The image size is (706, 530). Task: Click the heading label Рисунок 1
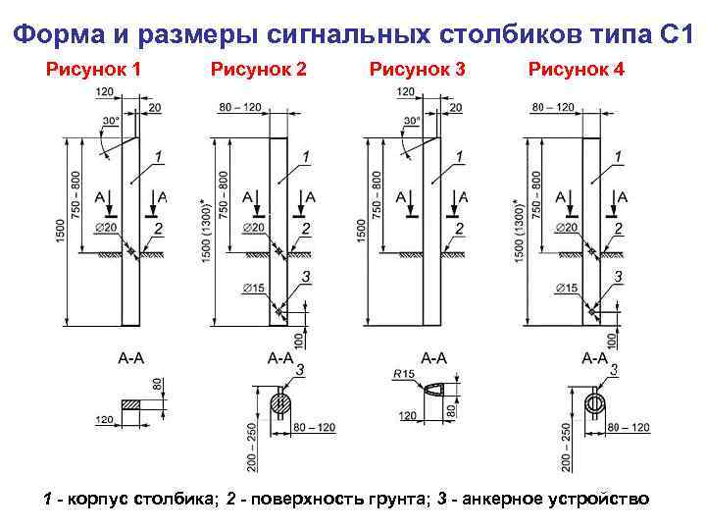coord(94,70)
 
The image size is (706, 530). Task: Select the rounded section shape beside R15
coord(435,391)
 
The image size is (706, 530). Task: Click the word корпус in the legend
coord(97,499)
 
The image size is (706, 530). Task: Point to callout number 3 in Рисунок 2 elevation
coord(306,277)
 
